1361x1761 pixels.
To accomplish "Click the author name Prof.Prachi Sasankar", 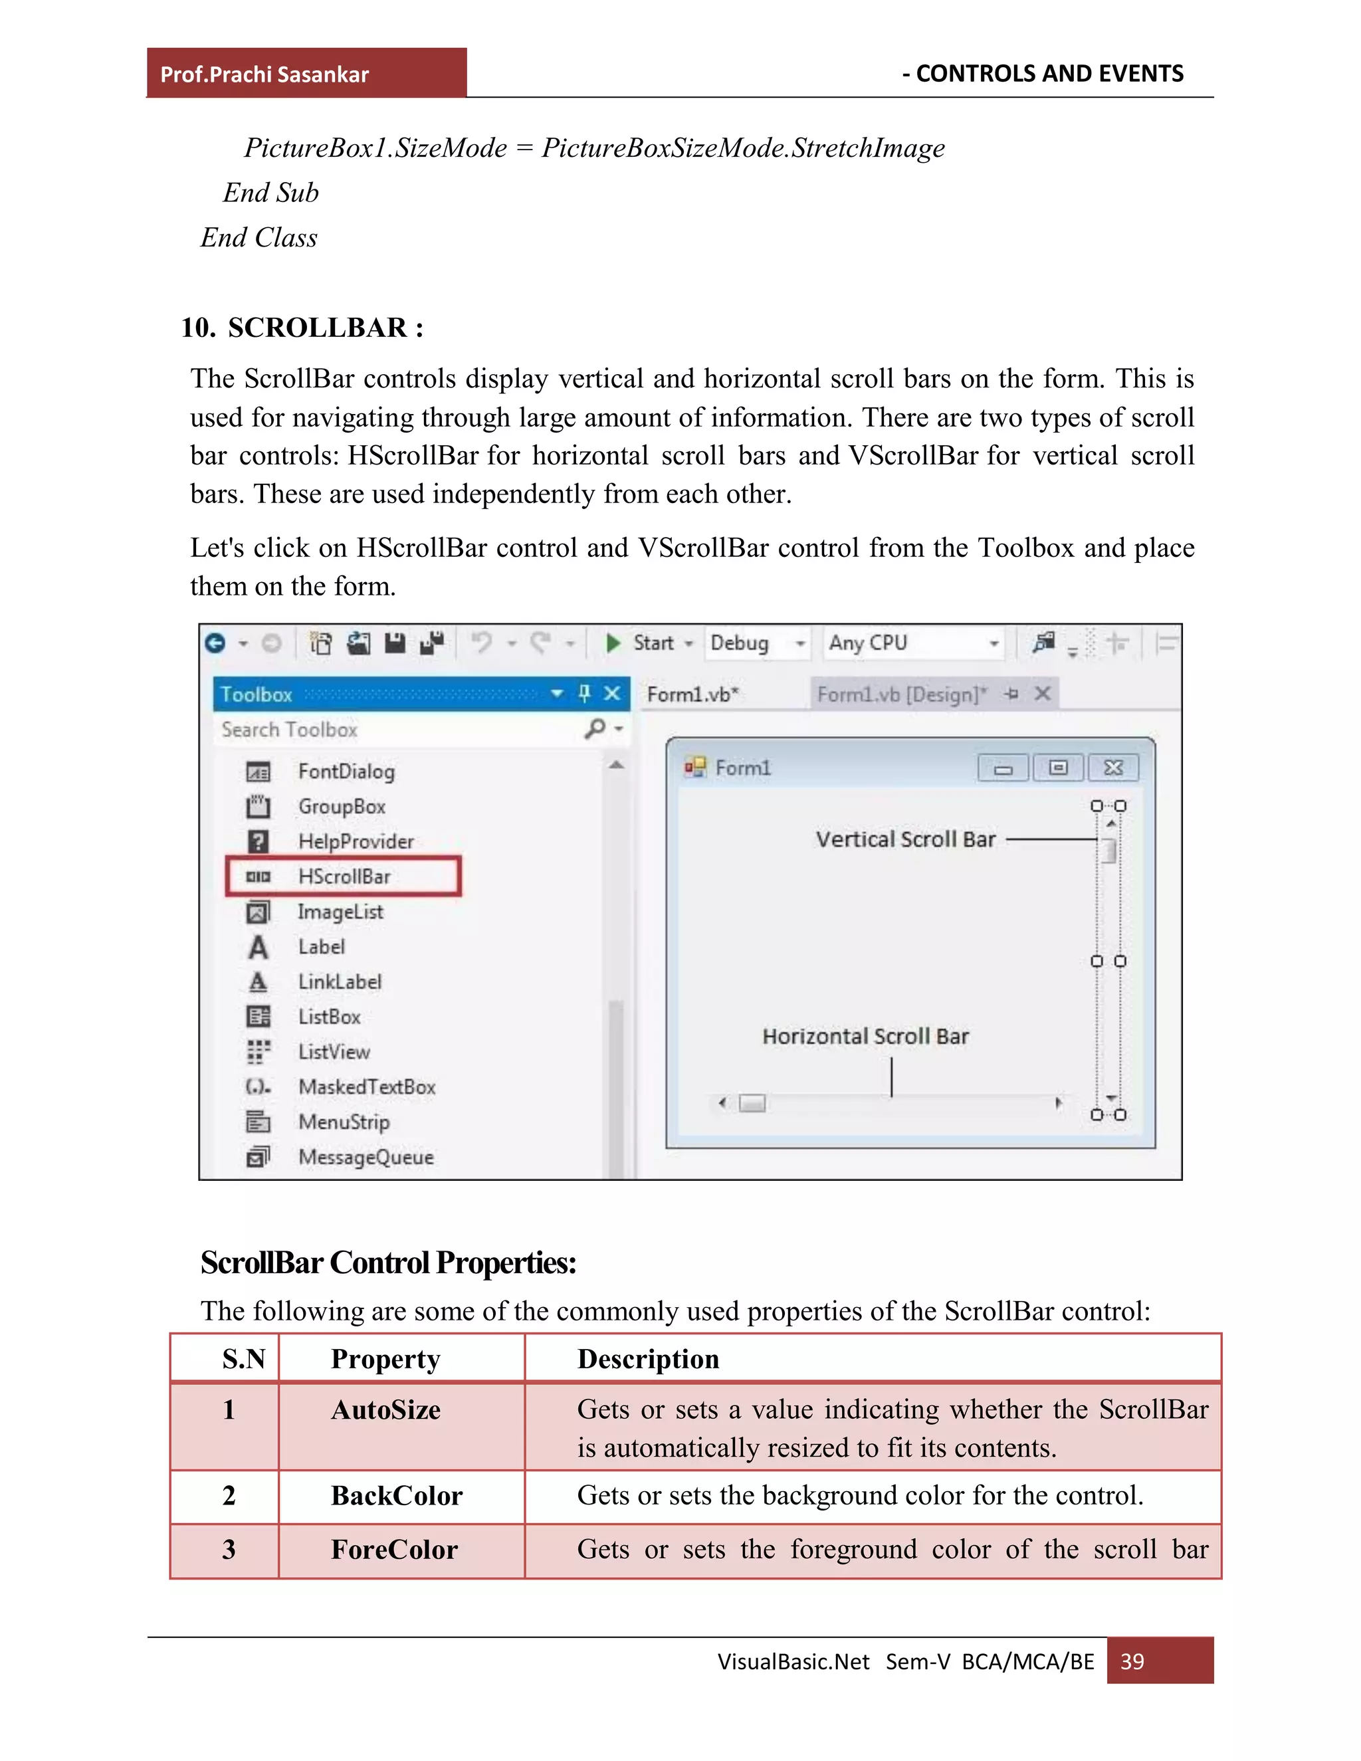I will pyautogui.click(x=264, y=74).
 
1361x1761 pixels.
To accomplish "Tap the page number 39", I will pyautogui.click(x=1132, y=1661).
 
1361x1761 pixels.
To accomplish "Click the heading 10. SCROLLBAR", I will pyautogui.click(x=302, y=328).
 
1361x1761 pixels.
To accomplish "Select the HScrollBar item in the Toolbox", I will pyautogui.click(x=344, y=877).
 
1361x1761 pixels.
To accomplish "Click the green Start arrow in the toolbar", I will pyautogui.click(x=613, y=643).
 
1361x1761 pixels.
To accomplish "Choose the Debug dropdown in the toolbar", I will pyautogui.click(x=756, y=643).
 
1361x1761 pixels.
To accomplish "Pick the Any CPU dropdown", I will pyautogui.click(x=912, y=643).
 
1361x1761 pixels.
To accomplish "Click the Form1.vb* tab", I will pyautogui.click(x=692, y=694).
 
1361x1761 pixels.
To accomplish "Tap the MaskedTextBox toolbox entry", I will pyautogui.click(x=366, y=1087).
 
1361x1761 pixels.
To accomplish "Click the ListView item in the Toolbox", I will pyautogui.click(x=334, y=1051).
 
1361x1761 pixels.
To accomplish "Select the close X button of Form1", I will pyautogui.click(x=1112, y=768).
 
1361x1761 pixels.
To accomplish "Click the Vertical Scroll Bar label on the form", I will pyautogui.click(x=904, y=839).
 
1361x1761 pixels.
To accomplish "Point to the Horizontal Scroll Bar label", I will pyautogui.click(x=865, y=1036).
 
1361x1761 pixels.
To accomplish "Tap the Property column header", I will pyautogui.click(x=385, y=1360).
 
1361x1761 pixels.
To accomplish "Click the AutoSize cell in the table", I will pyautogui.click(x=385, y=1410).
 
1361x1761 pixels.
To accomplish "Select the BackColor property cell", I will pyautogui.click(x=397, y=1497).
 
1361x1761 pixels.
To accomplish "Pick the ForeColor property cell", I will pyautogui.click(x=394, y=1550).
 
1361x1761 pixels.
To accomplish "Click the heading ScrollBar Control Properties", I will pyautogui.click(x=388, y=1263).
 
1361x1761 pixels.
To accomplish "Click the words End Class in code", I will pyautogui.click(x=259, y=238).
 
